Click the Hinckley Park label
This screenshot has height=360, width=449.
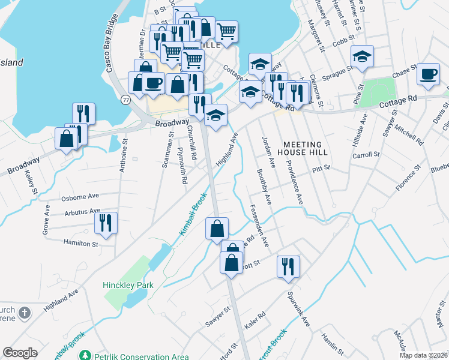point(128,286)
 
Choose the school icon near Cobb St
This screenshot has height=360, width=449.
point(362,56)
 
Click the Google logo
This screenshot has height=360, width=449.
point(20,353)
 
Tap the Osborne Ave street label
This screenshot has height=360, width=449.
point(80,197)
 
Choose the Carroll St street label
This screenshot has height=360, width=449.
point(367,154)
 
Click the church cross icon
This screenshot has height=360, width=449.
point(23,313)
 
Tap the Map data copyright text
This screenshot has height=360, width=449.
point(423,355)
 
